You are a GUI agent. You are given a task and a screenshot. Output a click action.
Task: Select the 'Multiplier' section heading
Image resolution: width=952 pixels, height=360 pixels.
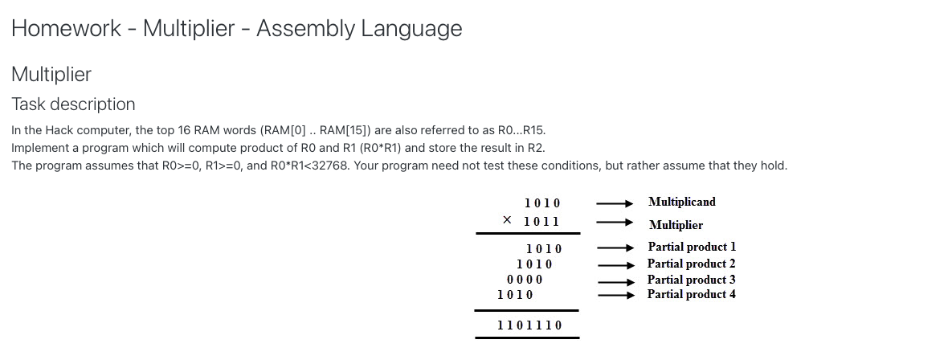(51, 75)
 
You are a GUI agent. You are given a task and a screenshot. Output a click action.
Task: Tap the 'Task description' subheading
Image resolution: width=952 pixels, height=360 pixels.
(73, 104)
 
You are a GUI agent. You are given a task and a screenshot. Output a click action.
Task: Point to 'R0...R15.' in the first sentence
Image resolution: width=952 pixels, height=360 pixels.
(517, 130)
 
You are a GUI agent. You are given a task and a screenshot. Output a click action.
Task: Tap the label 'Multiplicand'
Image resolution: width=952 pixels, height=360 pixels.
(681, 202)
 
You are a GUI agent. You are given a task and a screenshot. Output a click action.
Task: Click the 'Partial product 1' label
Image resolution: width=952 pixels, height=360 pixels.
(692, 247)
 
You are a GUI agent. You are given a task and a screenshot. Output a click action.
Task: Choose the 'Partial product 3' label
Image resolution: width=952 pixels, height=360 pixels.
(692, 280)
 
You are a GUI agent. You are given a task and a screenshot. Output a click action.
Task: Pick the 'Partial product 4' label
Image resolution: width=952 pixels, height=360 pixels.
(692, 294)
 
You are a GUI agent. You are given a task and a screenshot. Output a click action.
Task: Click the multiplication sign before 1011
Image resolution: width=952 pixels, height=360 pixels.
(507, 220)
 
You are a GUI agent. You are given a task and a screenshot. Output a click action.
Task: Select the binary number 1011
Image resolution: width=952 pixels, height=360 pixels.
(541, 221)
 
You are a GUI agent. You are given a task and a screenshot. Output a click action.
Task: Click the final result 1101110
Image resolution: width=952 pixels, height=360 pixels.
(529, 325)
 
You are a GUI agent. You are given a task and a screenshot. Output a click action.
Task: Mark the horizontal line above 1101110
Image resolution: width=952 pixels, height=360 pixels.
(526, 310)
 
